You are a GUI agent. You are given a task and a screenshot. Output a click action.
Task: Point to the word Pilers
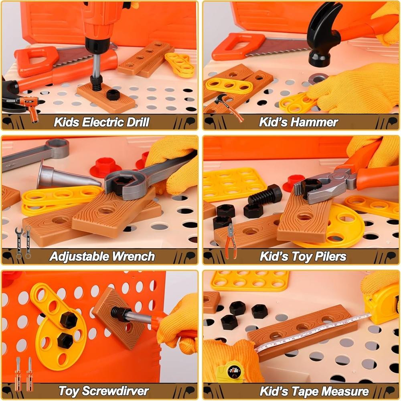click(x=330, y=256)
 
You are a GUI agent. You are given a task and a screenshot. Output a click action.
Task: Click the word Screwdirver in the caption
click(x=115, y=391)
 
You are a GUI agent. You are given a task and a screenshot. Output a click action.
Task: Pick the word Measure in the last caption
click(x=345, y=391)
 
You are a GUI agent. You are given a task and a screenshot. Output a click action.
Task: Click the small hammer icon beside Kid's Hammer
click(x=229, y=107)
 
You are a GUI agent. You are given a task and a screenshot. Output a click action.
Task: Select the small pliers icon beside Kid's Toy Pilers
click(x=231, y=241)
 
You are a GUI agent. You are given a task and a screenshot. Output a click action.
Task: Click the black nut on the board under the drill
click(x=113, y=95)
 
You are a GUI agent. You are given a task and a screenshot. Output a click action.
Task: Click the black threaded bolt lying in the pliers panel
click(x=265, y=194)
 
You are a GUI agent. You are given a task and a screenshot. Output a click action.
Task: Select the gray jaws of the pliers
click(x=324, y=187)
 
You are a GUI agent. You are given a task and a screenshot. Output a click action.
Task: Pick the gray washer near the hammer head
click(x=318, y=79)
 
